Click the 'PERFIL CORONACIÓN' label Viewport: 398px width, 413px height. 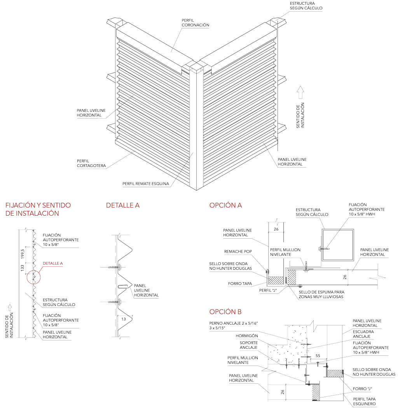coord(195,23)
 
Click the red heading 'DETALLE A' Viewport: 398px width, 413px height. coord(123,206)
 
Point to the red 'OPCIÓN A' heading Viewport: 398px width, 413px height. coord(225,206)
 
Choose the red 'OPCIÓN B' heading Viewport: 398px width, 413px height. coord(225,311)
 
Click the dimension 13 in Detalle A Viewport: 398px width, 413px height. coord(124,318)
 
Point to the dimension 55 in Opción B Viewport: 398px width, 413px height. coord(318,356)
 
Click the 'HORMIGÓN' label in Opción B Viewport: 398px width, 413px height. coord(246,336)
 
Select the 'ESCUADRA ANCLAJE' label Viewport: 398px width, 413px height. coord(361,334)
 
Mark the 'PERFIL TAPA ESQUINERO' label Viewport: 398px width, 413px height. coord(364,401)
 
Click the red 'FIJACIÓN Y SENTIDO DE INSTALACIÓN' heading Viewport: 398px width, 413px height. coord(38,209)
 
